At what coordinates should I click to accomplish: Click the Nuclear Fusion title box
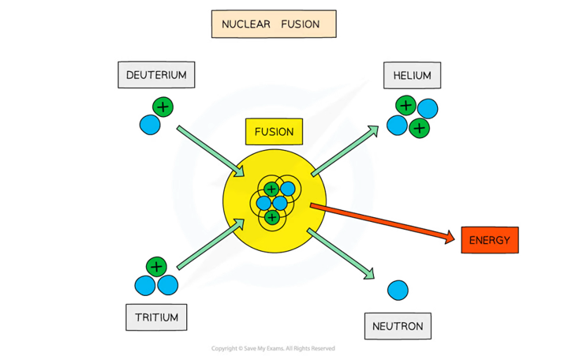(x=274, y=24)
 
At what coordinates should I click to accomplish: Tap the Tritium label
(x=157, y=317)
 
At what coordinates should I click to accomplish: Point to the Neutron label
(x=398, y=325)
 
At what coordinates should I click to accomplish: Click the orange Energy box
(x=489, y=240)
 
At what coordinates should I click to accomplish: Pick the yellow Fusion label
(x=274, y=132)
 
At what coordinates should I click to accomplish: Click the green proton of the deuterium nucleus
(x=162, y=106)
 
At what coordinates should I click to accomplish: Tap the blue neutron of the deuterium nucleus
(x=150, y=124)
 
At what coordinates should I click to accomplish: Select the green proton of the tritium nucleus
(x=156, y=267)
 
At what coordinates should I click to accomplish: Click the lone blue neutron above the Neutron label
(x=398, y=291)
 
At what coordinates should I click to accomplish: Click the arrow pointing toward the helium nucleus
(x=345, y=149)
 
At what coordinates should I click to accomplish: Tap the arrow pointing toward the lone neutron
(x=341, y=253)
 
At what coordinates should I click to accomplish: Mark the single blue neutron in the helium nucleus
(x=426, y=109)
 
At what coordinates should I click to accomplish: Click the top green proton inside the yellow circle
(x=271, y=189)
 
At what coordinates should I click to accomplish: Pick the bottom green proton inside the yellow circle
(x=271, y=216)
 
